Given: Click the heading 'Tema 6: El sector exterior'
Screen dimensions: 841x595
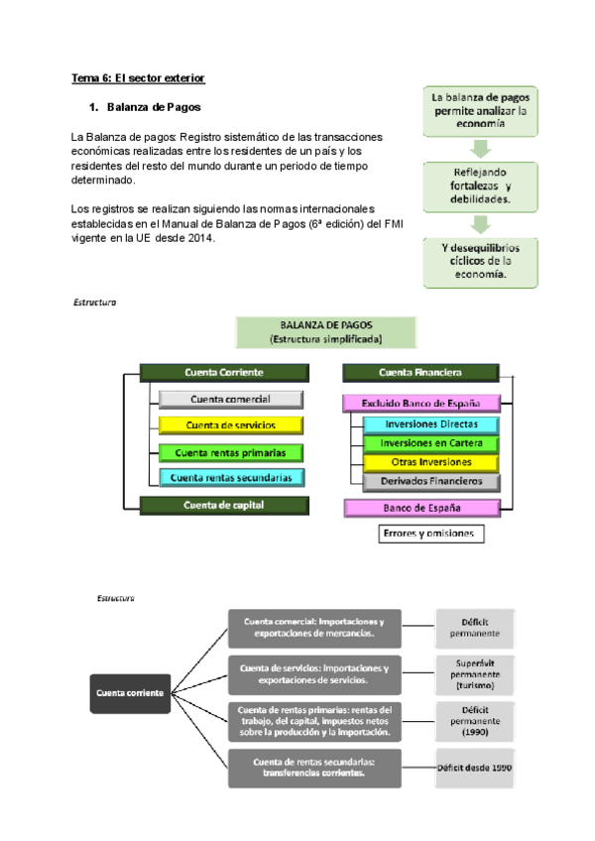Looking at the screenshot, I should pos(138,77).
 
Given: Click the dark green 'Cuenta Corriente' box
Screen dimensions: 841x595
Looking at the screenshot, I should pos(224,373).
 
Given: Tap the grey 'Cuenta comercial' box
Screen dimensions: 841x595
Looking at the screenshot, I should pos(230,399).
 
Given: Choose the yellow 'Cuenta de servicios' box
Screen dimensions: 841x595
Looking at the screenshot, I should pos(230,424).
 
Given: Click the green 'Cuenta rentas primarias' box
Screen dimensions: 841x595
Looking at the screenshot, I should pos(230,451).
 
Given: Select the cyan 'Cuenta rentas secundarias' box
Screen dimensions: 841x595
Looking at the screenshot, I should pos(230,477).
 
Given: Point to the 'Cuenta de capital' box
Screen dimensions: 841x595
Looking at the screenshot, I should pos(224,505).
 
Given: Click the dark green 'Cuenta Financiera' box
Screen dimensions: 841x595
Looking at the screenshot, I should pos(420,373).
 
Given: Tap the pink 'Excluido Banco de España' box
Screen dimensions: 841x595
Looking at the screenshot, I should pos(420,403).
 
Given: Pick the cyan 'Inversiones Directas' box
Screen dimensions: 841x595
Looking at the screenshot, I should pos(429,424).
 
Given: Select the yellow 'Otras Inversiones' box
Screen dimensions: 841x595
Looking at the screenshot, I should pos(429,462).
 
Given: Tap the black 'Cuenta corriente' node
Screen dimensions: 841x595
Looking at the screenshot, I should pos(129,693).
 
